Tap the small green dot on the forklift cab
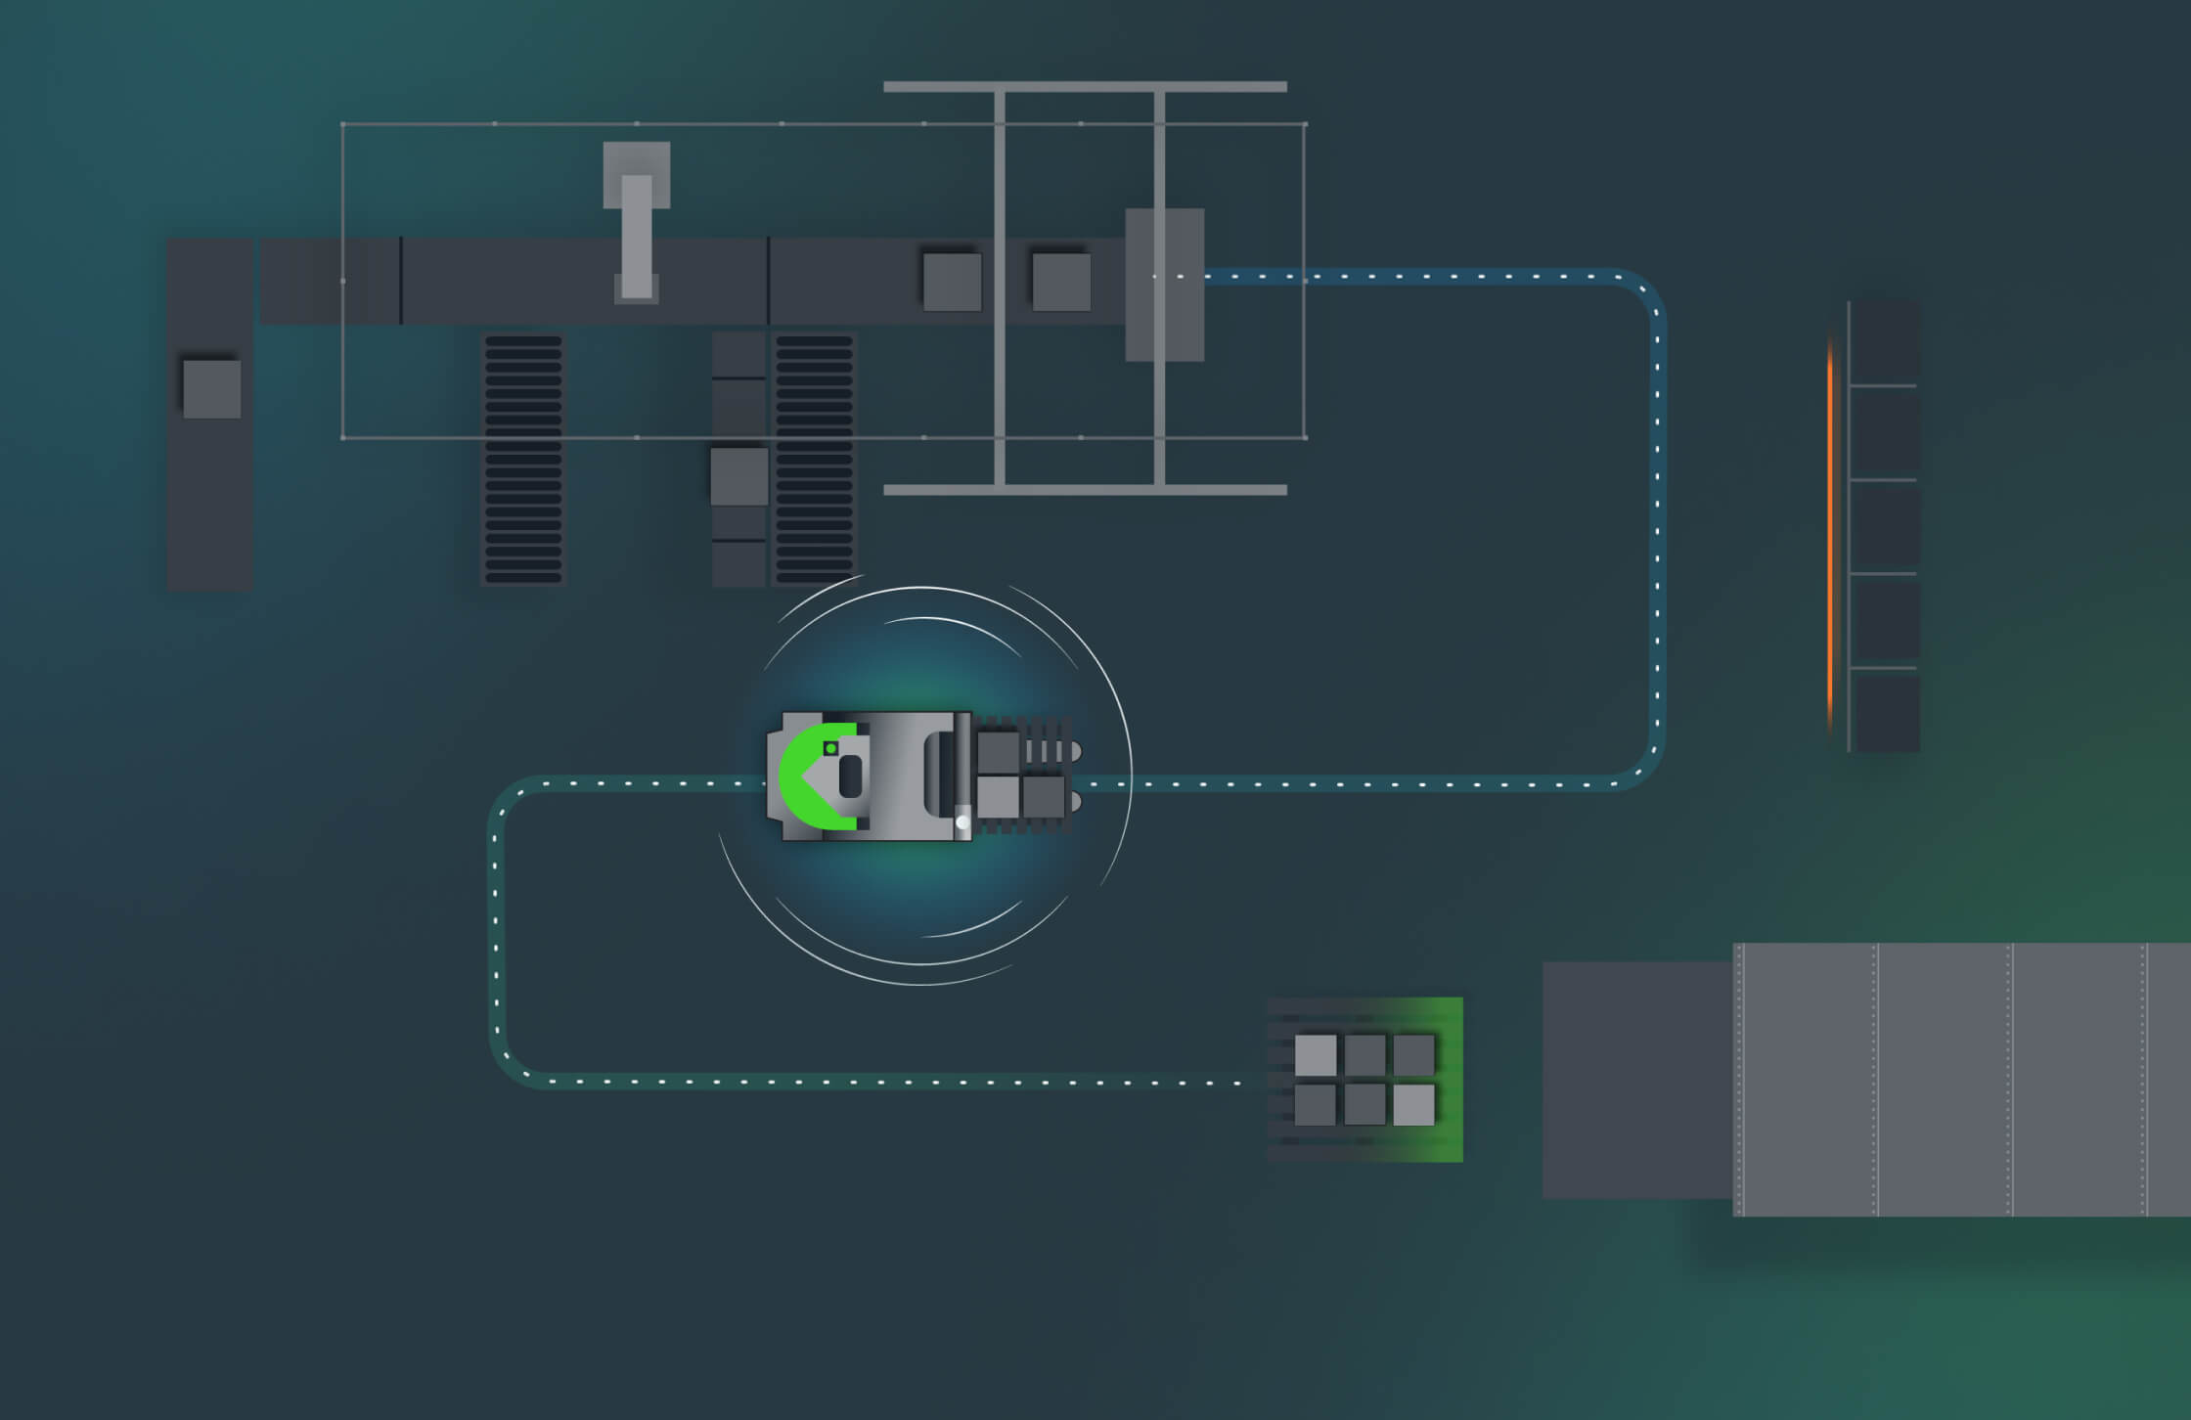click(830, 748)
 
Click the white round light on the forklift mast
click(962, 822)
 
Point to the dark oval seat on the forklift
click(850, 777)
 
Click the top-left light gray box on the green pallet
click(1316, 1055)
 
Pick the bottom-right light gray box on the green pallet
click(1413, 1105)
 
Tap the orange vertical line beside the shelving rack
click(1830, 533)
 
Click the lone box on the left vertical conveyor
click(212, 389)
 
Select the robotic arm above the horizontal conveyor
click(637, 225)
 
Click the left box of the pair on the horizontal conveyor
click(952, 282)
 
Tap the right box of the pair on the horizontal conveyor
click(1061, 282)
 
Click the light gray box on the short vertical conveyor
click(738, 476)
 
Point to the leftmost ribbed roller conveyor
click(523, 460)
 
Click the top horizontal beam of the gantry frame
click(1085, 87)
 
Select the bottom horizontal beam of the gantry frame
click(1085, 490)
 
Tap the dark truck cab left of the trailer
click(1636, 1080)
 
